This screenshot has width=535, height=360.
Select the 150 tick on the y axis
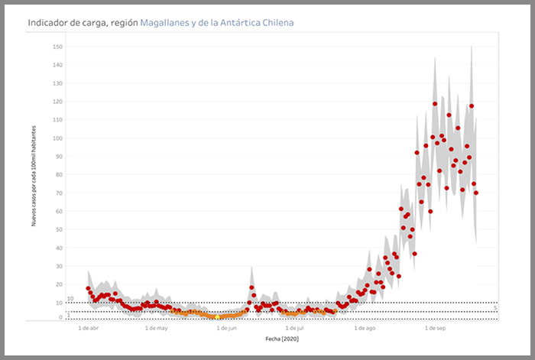pos(58,47)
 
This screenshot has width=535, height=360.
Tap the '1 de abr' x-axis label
pos(89,328)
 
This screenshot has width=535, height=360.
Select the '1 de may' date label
pos(156,328)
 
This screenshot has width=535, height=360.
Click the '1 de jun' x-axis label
pos(227,328)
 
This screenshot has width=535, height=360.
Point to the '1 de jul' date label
pos(294,328)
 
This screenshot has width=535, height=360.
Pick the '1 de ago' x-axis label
pos(365,328)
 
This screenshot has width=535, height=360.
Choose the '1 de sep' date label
pos(435,328)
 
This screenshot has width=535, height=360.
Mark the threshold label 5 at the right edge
pos(495,309)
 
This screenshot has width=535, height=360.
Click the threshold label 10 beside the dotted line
pos(70,299)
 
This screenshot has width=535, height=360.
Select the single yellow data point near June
pos(217,316)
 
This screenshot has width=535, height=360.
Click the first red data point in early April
pos(89,288)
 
